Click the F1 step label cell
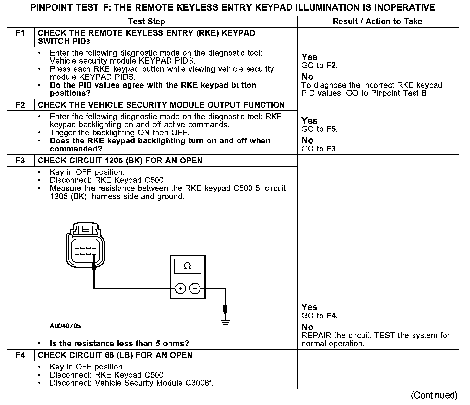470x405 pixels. (x=20, y=33)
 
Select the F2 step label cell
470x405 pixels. (x=20, y=105)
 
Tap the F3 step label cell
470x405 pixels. (x=20, y=161)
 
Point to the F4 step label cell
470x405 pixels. (x=20, y=355)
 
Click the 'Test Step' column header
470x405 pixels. (x=147, y=22)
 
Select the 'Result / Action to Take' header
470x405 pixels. (x=377, y=22)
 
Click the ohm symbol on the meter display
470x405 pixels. (x=187, y=266)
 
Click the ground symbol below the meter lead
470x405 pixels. (x=225, y=322)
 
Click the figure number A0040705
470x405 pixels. (x=65, y=326)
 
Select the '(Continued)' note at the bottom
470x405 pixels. (x=434, y=396)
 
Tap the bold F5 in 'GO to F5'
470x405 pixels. (x=331, y=129)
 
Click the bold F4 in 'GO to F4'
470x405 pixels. (x=331, y=316)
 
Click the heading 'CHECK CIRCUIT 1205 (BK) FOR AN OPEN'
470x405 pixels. (x=120, y=161)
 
